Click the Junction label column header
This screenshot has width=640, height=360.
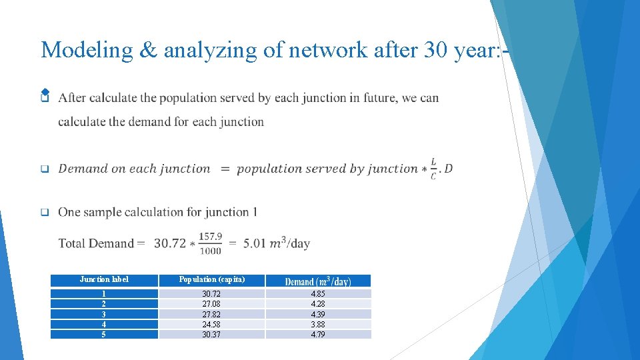point(104,279)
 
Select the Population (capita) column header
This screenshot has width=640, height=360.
point(211,279)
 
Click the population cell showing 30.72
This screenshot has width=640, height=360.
point(211,294)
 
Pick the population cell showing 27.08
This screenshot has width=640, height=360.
point(211,304)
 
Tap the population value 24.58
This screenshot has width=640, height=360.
point(211,325)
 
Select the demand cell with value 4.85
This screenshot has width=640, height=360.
point(318,294)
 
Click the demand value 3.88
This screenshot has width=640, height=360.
point(318,325)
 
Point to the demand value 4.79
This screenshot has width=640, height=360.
point(318,335)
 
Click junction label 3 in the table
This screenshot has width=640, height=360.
point(104,314)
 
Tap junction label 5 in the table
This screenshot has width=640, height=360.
point(104,335)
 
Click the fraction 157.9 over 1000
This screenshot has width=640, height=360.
point(210,243)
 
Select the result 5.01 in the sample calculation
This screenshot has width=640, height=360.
point(255,243)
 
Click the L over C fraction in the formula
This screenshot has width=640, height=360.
point(434,169)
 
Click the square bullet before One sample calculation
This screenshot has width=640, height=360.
point(45,213)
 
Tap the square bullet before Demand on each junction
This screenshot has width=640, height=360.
point(45,169)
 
